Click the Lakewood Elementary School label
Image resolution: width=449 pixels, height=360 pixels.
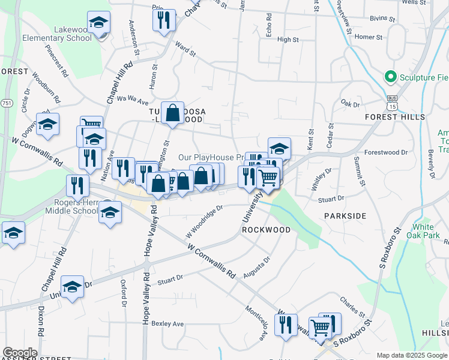[64, 34]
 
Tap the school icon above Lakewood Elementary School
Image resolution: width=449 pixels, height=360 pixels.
[98, 23]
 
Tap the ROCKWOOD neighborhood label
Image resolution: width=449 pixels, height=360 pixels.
[266, 230]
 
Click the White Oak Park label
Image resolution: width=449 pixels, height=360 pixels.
[423, 232]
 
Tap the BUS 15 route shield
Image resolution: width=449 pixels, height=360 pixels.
[393, 103]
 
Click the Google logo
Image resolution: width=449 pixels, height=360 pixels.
[20, 353]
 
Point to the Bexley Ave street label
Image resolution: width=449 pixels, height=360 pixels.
[167, 324]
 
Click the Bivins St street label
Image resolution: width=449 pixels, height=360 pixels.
[383, 19]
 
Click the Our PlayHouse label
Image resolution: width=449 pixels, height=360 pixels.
[210, 157]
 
